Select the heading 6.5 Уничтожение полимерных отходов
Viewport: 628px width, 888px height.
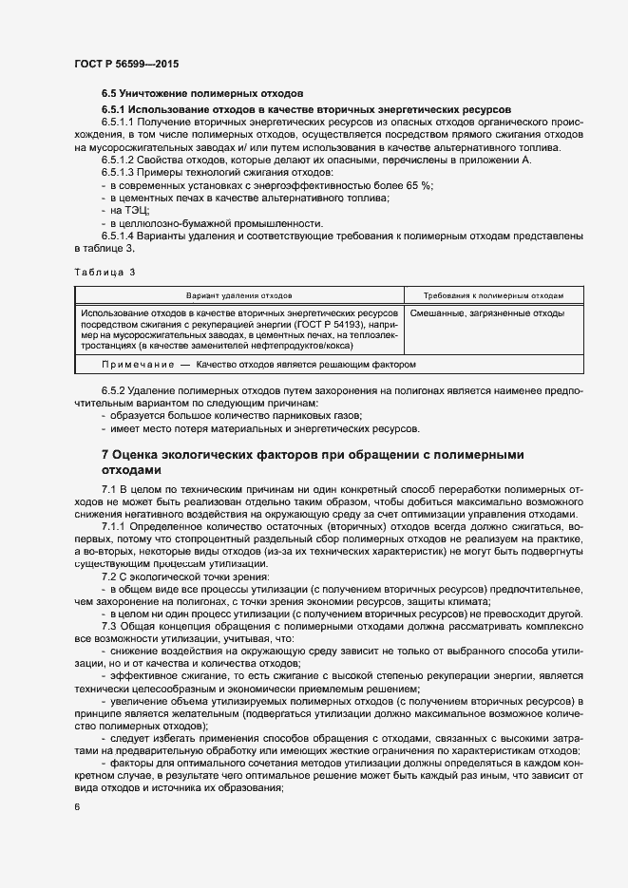tap(202, 95)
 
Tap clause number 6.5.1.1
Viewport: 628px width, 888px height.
tap(120, 123)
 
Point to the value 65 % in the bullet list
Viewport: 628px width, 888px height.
tap(418, 185)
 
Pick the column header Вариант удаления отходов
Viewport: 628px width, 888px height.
tap(238, 295)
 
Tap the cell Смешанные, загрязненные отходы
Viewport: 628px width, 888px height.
tap(487, 312)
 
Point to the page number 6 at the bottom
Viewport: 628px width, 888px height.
tap(77, 807)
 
